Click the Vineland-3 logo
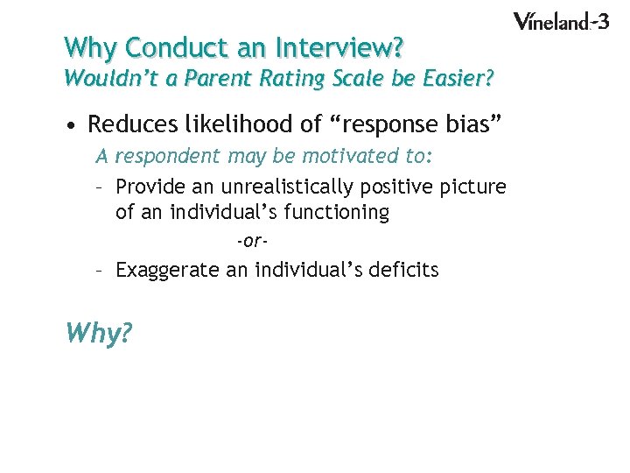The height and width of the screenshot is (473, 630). [560, 21]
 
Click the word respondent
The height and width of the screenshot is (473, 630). [168, 158]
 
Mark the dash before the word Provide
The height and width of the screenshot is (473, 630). [101, 187]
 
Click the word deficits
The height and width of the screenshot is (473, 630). [403, 269]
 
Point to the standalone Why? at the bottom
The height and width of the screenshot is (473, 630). [98, 333]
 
